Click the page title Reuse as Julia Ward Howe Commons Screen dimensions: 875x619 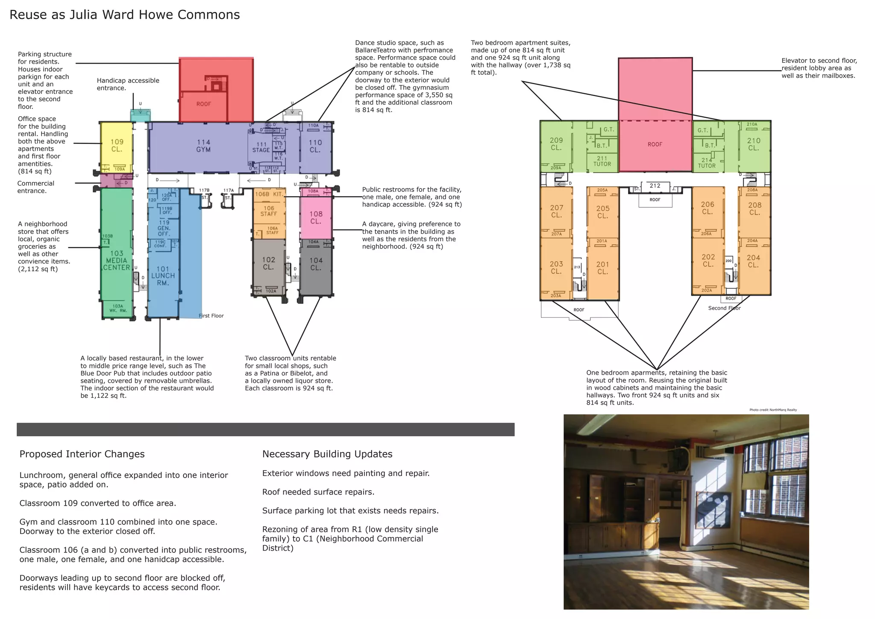click(x=124, y=15)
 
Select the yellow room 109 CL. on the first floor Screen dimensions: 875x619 click(x=117, y=146)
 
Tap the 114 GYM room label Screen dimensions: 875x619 click(x=203, y=146)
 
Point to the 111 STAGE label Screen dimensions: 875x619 click(x=261, y=147)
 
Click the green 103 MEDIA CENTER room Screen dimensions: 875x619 click(x=117, y=260)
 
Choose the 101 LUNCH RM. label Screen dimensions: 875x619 click(x=163, y=276)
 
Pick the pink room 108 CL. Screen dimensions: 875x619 click(x=316, y=217)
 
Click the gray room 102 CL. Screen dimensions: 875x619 click(x=269, y=263)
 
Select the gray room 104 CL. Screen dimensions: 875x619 click(x=316, y=264)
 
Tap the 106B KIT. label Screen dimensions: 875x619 click(x=269, y=194)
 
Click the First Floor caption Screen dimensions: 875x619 click(x=211, y=316)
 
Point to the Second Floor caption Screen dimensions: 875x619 click(x=724, y=308)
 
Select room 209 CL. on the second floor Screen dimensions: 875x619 click(x=556, y=144)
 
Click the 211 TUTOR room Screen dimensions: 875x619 click(x=602, y=161)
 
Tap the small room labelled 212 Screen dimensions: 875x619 click(x=655, y=186)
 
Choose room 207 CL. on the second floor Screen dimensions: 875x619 click(x=557, y=211)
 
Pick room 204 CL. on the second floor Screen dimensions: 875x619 click(x=754, y=261)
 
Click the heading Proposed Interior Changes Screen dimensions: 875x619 click(x=82, y=454)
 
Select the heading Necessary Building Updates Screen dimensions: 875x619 click(x=327, y=454)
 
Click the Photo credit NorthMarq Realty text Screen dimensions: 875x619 click(x=773, y=410)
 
